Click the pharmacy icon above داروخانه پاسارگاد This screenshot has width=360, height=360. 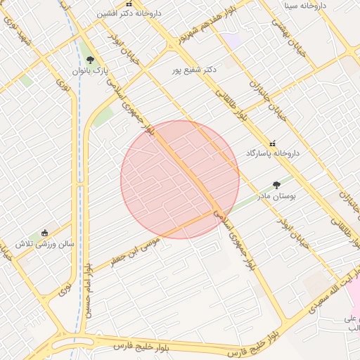(x=273, y=143)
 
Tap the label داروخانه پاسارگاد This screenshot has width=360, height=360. (x=272, y=153)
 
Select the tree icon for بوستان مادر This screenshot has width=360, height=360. (x=276, y=185)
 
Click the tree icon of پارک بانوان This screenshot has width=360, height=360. (x=89, y=60)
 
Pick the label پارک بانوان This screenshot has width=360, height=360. (x=89, y=71)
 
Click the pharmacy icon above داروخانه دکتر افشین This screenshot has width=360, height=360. (x=128, y=4)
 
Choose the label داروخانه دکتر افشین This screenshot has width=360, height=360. (x=128, y=13)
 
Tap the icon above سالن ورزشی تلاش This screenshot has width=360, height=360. (x=45, y=233)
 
